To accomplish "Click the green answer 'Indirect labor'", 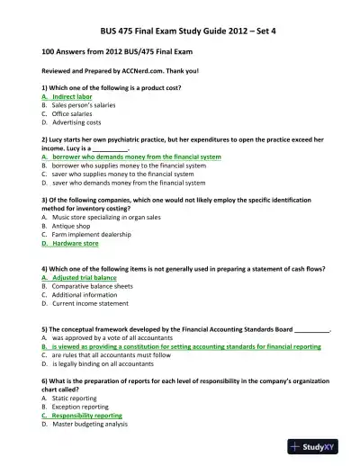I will click(74, 95).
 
